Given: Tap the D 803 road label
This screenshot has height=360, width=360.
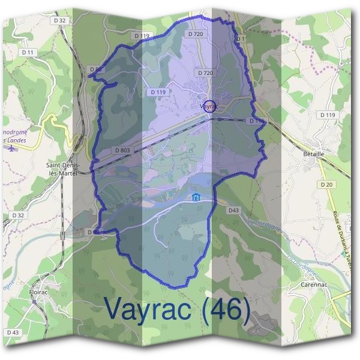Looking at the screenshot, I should coord(122,150).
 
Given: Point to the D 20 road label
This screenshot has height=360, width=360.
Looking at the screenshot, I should coord(326,184).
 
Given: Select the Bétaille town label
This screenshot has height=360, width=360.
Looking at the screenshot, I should coord(310,154).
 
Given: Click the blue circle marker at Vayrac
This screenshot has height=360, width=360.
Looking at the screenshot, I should coord(209,106).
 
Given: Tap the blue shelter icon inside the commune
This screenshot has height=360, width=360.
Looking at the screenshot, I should coord(194,197).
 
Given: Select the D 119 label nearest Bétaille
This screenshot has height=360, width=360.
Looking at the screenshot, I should coord(328,114).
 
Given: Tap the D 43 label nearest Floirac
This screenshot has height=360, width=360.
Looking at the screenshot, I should coord(14,332).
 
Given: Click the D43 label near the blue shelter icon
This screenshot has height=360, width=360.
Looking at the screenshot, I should coord(233,210).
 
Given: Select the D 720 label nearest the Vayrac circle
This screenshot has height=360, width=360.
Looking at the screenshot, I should coord(205,73).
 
